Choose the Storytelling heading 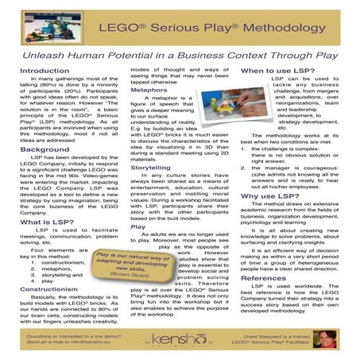coord(150,168)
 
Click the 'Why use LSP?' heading coord(270,195)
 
